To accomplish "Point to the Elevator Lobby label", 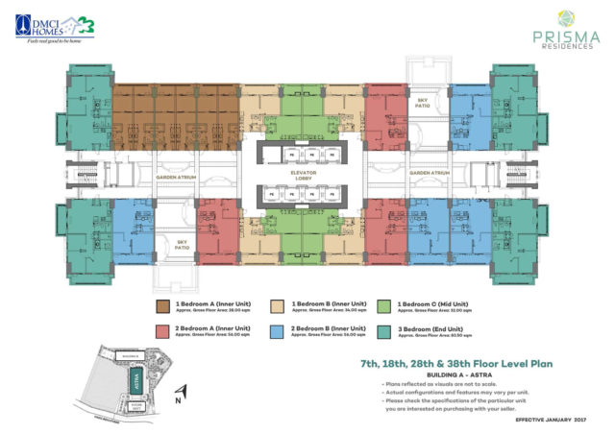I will coord(307,177).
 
